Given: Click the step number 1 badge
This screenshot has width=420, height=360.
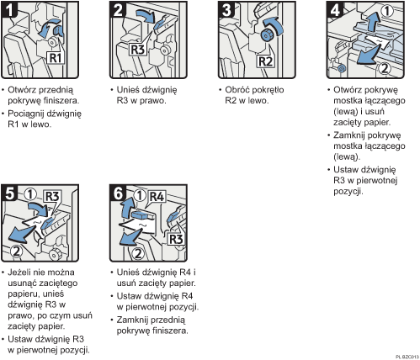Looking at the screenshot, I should [x=11, y=12].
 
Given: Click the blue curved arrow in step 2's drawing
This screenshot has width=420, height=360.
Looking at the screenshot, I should [x=147, y=15].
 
